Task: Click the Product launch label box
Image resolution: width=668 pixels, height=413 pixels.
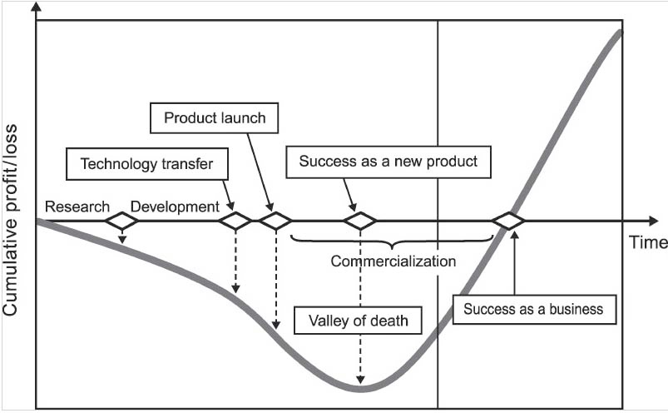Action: pos(215,118)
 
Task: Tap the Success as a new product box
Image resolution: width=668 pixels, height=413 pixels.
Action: pos(388,161)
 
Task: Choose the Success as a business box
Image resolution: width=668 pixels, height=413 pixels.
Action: pos(533,310)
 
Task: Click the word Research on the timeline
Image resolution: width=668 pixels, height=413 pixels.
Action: pos(77,206)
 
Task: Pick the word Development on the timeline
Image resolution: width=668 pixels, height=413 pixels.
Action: pos(176,206)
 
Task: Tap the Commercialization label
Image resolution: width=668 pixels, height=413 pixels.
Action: pos(393,261)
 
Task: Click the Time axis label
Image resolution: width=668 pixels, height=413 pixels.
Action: pos(648,242)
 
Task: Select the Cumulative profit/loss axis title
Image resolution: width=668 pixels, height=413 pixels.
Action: pos(12,216)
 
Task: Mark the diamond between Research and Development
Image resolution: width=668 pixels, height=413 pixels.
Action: pos(121,221)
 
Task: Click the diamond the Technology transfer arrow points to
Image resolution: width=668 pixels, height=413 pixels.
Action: pos(235,221)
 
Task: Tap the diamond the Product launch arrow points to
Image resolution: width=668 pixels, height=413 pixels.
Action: pos(275,221)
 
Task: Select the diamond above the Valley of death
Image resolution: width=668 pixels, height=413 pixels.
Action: pos(360,221)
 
